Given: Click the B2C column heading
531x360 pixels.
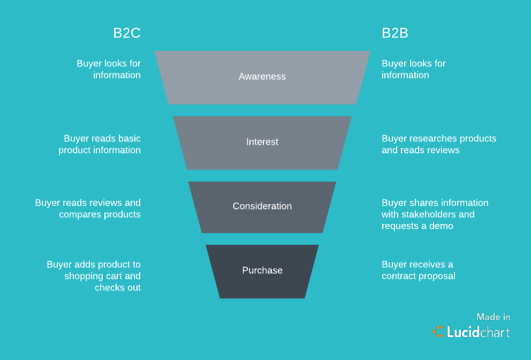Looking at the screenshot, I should tap(127, 33).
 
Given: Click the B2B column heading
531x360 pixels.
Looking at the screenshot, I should tap(395, 33).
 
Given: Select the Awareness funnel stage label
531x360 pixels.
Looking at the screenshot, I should tap(262, 77).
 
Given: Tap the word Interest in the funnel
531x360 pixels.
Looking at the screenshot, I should tap(262, 142).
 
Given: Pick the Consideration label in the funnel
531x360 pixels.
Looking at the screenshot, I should tap(262, 206).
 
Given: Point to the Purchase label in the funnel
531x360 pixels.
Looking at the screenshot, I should tap(262, 271).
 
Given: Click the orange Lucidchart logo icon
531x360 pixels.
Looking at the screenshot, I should tap(438, 332).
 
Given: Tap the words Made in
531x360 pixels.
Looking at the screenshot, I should tap(494, 317).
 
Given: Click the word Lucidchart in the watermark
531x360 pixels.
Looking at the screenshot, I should tap(478, 332).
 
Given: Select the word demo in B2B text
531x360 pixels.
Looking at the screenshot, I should tap(442, 226).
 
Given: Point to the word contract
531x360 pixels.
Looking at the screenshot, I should tap(398, 276).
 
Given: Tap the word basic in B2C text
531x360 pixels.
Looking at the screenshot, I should tap(130, 139).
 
